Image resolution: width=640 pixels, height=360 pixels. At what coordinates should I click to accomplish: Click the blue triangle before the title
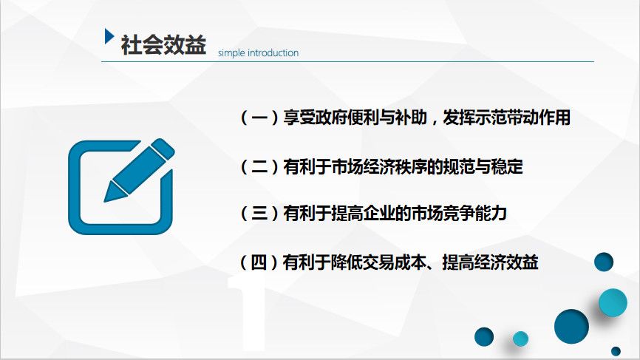point(109,36)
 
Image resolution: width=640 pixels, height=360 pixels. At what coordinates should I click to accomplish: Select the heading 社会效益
point(163,44)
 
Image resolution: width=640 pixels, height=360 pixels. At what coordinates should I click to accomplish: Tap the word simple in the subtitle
point(231,53)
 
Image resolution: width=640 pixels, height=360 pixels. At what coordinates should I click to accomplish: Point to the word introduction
point(273,52)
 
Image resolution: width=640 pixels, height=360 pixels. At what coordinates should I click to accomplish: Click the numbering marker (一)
point(259,118)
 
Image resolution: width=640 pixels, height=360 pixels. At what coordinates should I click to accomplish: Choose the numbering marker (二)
point(259,167)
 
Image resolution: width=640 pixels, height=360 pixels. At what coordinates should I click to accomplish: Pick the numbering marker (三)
point(259,214)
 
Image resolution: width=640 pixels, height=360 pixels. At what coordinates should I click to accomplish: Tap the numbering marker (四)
point(259,262)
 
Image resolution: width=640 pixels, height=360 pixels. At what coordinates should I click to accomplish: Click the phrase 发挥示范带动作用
point(506,118)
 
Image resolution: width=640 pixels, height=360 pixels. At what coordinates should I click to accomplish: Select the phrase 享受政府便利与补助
point(355,118)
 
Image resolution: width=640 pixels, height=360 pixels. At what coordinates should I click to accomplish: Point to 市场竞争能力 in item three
point(459,214)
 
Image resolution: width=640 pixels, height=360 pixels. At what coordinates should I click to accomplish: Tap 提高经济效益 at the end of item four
point(490,262)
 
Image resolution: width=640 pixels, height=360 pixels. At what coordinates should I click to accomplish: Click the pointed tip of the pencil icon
point(105,200)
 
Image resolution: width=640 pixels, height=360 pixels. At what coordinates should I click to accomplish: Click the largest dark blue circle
point(571,326)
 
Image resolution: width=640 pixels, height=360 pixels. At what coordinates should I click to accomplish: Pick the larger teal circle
point(613,302)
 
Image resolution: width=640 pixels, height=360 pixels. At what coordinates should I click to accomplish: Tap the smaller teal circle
point(520,339)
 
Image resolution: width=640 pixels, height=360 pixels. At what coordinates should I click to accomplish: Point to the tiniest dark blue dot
point(616,351)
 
